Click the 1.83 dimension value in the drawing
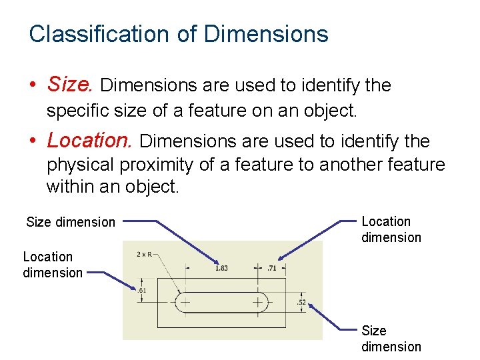[x=221, y=268]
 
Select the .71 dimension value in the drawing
[x=272, y=268]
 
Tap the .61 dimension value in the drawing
[x=141, y=290]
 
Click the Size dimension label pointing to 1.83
[x=71, y=222]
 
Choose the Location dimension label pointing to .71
[x=391, y=229]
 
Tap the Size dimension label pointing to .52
[x=391, y=339]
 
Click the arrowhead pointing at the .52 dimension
[x=311, y=306]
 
